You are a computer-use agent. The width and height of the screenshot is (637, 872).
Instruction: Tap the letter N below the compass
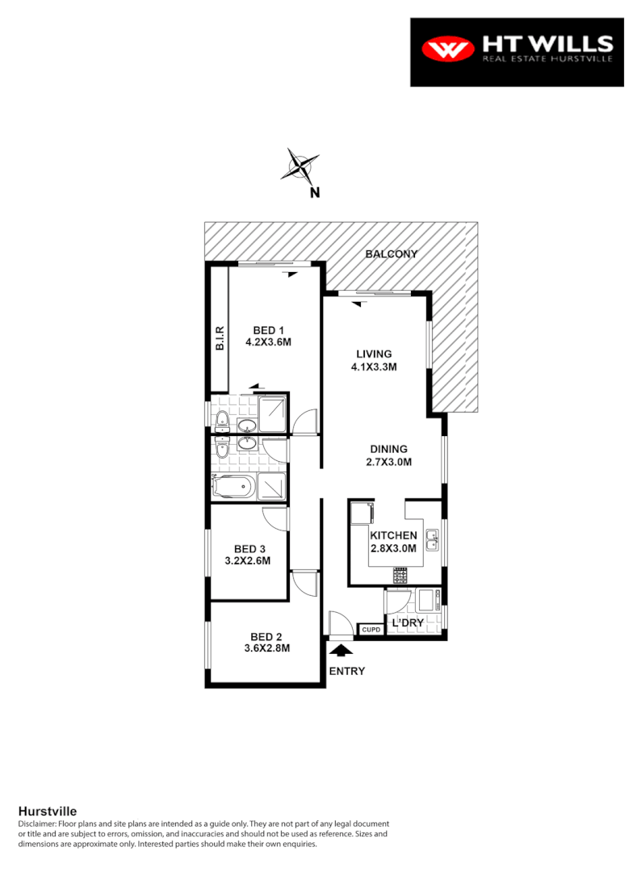pos(315,193)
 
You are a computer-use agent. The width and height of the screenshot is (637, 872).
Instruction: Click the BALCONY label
pos(391,254)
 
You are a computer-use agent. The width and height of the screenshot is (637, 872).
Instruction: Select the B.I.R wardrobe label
pos(219,337)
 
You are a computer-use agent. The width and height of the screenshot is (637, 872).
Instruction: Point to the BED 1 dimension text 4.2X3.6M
pos(268,342)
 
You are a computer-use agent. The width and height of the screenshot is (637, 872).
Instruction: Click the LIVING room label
pos(374,354)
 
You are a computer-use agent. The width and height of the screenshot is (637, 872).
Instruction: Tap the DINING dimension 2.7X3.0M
pos(390,463)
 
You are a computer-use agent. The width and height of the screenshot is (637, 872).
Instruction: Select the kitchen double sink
pos(433,539)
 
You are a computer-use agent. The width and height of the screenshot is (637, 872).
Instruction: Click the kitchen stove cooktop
pos(400,576)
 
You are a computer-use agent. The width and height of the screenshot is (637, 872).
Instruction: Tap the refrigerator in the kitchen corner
pos(362,514)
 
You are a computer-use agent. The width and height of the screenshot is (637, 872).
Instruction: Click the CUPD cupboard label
pos(371,630)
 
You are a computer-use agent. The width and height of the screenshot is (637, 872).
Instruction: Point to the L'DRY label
pos(408,623)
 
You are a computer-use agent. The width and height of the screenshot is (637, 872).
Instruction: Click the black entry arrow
pos(342,649)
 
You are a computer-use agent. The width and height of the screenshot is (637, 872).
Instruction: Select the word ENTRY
pos(346,671)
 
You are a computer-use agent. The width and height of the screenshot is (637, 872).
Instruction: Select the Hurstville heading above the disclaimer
pos(47,811)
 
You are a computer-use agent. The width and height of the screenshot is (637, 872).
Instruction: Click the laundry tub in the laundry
pos(427,601)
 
